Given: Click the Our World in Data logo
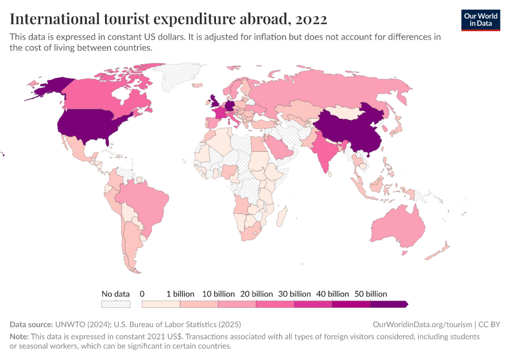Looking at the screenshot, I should pyautogui.click(x=481, y=19).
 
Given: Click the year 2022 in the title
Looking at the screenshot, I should pyautogui.click(x=310, y=19).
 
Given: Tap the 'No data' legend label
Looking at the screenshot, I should pyautogui.click(x=115, y=294).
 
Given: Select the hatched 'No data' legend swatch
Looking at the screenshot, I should pyautogui.click(x=115, y=304).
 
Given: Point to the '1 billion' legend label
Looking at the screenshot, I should pyautogui.click(x=180, y=294).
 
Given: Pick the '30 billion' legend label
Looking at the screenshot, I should pyautogui.click(x=294, y=294).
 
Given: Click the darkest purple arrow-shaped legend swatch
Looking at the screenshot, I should pyautogui.click(x=389, y=304).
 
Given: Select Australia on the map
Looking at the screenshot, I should pyautogui.click(x=398, y=227).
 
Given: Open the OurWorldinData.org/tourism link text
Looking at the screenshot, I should pyautogui.click(x=420, y=325).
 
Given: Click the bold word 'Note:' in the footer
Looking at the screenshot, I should pyautogui.click(x=21, y=337).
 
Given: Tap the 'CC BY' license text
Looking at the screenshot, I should pyautogui.click(x=490, y=325).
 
